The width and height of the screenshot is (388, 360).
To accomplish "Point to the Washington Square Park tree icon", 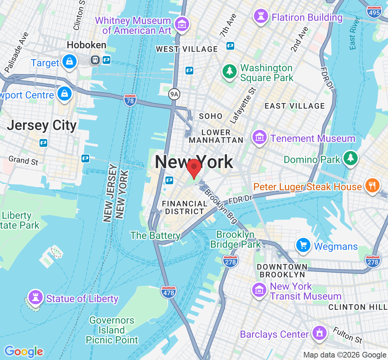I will pyautogui.click(x=230, y=72).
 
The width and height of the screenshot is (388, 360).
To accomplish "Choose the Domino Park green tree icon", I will pyautogui.click(x=351, y=158).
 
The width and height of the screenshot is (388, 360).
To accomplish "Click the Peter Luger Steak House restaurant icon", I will pyautogui.click(x=372, y=185).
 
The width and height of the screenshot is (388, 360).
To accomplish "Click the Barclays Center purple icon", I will pyautogui.click(x=320, y=333).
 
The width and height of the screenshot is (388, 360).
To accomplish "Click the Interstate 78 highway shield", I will pyautogui.click(x=130, y=101).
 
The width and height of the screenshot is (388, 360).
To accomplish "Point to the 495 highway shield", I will pyautogui.click(x=374, y=12).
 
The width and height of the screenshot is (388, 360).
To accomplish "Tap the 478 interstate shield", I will pyautogui.click(x=169, y=292).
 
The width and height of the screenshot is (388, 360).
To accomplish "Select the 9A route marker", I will pyautogui.click(x=174, y=94).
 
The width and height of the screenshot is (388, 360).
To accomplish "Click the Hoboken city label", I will pyautogui.click(x=86, y=45).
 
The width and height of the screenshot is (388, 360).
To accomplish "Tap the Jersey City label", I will pyautogui.click(x=42, y=126).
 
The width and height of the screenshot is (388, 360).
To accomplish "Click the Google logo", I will pyautogui.click(x=24, y=352).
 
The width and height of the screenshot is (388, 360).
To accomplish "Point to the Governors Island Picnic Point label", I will pyautogui.click(x=112, y=330).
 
